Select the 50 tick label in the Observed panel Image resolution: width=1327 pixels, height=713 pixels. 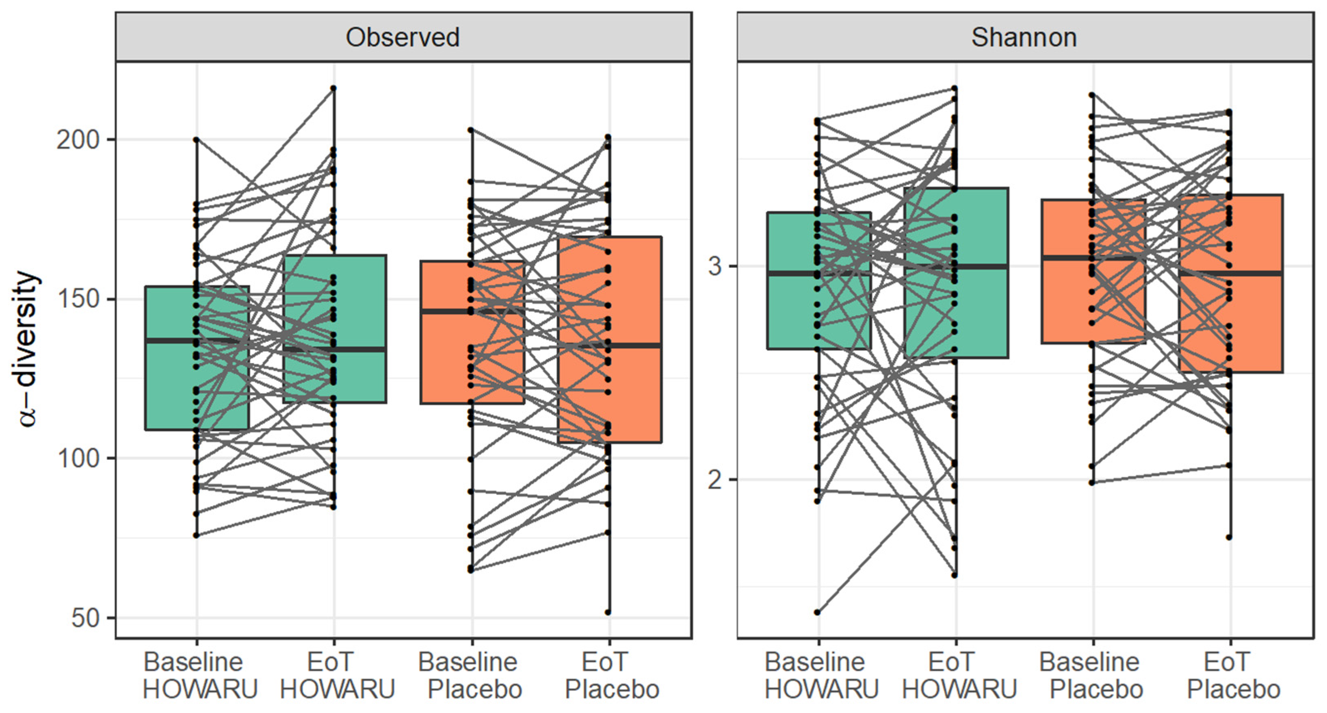pyautogui.click(x=86, y=618)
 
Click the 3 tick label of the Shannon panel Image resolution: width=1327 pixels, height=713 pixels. pyautogui.click(x=714, y=267)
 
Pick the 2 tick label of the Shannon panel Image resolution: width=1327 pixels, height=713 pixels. pyautogui.click(x=714, y=480)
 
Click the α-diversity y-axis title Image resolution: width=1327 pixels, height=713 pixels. pyautogui.click(x=27, y=349)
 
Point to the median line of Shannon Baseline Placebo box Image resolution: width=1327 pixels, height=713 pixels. pyautogui.click(x=1093, y=257)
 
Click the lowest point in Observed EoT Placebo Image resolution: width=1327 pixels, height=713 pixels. pyautogui.click(x=608, y=613)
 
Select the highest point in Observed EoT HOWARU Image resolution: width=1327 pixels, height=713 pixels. pyautogui.click(x=334, y=88)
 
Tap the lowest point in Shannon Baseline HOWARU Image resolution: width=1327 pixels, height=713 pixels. pyautogui.click(x=818, y=613)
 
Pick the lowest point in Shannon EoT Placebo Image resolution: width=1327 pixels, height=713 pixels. pyautogui.click(x=1229, y=538)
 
